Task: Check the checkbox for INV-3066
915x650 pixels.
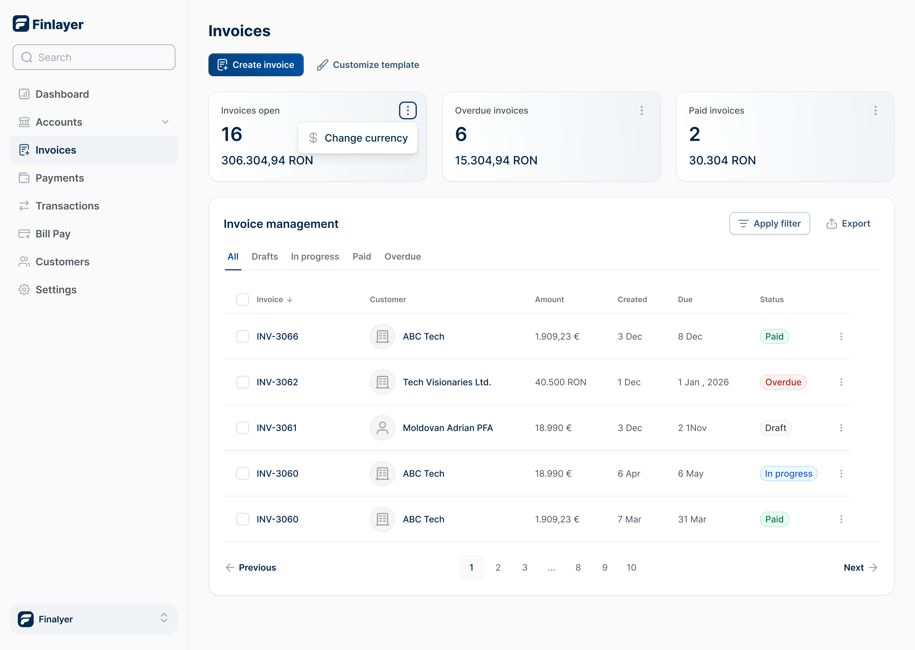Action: [242, 337]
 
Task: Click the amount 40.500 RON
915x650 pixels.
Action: [560, 382]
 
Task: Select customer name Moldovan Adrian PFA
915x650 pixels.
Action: [447, 428]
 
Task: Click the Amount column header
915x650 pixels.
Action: [549, 299]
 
